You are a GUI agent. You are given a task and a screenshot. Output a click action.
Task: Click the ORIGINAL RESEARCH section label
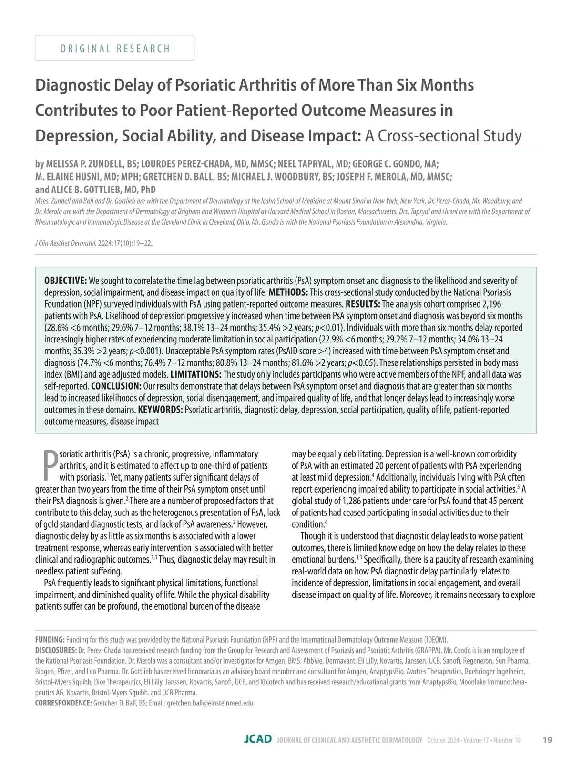[x=115, y=49]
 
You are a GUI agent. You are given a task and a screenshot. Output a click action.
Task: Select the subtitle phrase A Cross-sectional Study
[x=443, y=136]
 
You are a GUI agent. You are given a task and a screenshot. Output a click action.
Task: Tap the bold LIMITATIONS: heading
[x=196, y=374]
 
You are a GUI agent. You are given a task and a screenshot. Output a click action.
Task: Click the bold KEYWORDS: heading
[x=160, y=410]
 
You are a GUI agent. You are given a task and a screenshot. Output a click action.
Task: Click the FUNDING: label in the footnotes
[x=50, y=639]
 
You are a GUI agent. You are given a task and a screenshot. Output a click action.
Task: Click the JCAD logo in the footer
[x=258, y=739]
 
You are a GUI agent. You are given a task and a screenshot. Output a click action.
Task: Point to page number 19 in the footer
[x=548, y=740]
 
